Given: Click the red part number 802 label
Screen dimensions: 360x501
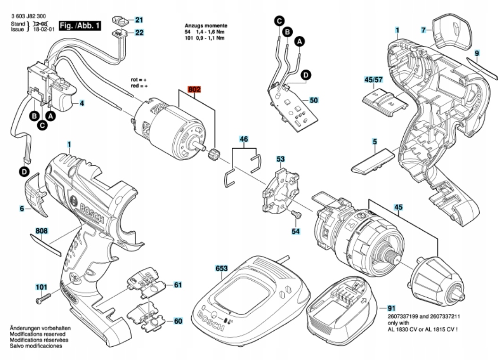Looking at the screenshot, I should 194,89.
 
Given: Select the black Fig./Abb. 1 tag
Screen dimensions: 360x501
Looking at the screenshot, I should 80,25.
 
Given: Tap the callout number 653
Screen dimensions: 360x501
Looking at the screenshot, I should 221,268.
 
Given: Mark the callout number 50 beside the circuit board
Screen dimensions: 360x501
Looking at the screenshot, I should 314,100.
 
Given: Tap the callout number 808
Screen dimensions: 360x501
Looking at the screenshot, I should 42,232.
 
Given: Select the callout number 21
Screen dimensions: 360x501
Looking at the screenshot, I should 139,20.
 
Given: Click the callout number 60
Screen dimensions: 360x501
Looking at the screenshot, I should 178,321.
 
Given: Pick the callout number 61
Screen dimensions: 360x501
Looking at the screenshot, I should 178,285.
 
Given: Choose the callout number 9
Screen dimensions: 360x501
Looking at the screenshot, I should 477,54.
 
